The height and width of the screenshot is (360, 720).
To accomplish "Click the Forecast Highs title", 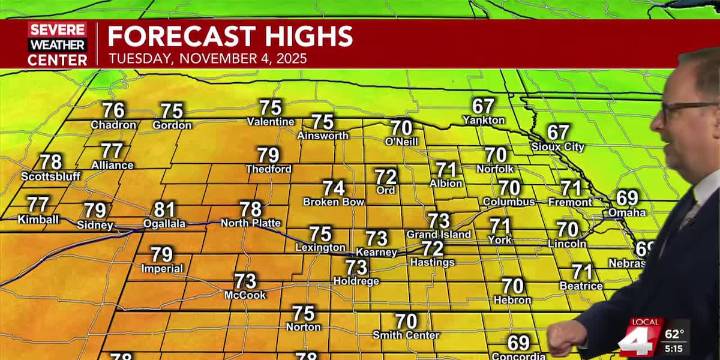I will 230,37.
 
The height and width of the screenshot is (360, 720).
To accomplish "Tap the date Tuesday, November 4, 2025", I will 207,59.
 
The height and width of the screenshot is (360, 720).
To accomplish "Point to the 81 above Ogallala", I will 164,210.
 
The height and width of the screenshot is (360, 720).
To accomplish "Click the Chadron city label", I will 113,125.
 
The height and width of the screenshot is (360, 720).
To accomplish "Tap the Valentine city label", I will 270,122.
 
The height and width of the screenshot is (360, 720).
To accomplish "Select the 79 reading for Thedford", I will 268,155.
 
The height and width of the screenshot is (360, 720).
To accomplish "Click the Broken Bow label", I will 333,202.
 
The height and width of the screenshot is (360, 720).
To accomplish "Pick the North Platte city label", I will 250,223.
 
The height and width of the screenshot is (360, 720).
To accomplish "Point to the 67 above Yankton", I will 484,106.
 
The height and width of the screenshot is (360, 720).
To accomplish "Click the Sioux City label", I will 558,146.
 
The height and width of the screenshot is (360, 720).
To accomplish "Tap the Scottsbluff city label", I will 50,177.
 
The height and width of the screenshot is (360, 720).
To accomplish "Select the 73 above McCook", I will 245,281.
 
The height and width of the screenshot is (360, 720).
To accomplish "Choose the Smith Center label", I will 406,334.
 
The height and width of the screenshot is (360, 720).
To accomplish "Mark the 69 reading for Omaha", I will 627,198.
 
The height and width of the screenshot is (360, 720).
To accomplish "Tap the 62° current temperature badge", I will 676,334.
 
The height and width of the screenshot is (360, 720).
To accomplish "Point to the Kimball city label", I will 38,219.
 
